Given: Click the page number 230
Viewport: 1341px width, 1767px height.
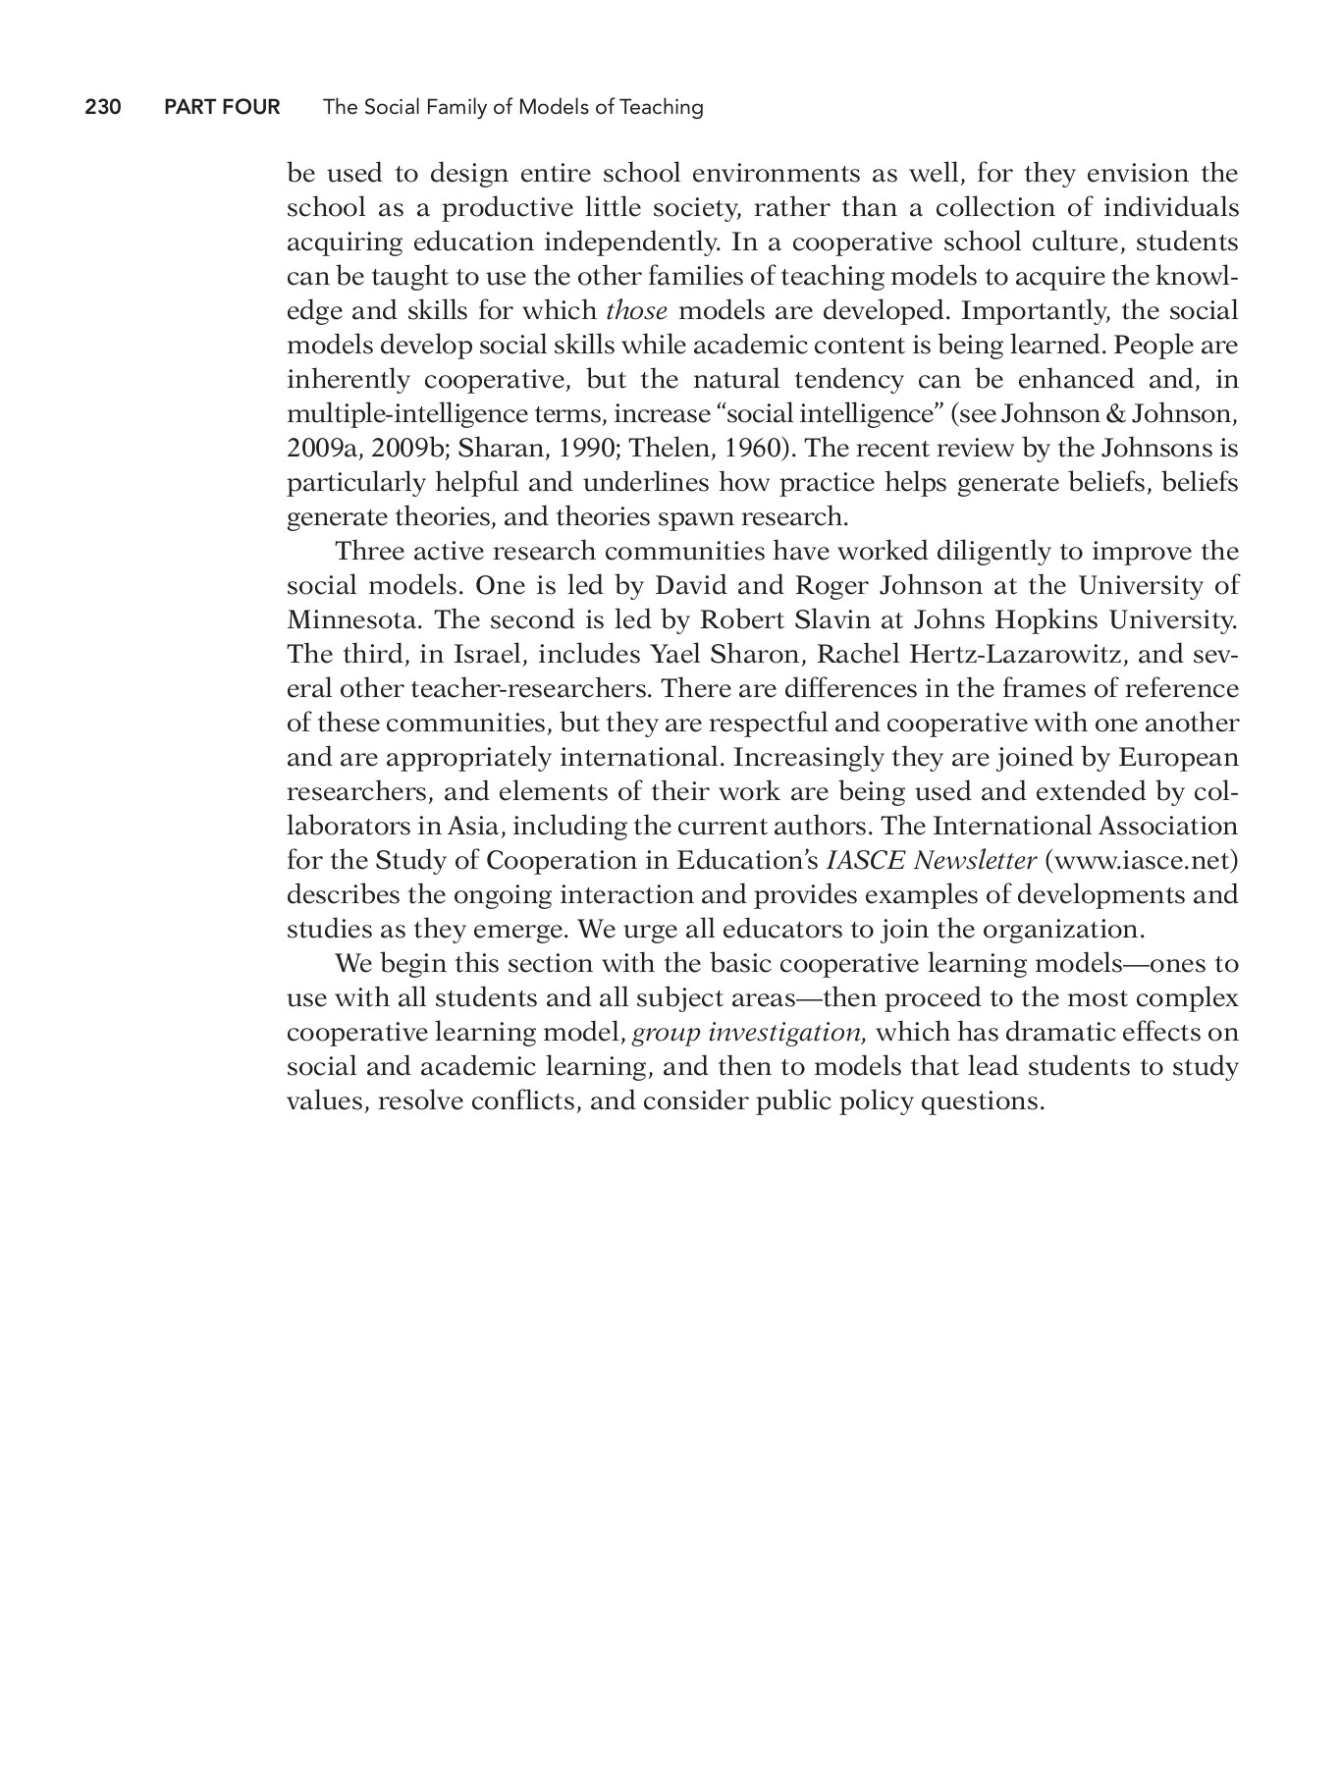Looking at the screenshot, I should [x=103, y=107].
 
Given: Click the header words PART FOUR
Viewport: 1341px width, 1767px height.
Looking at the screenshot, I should [x=222, y=107].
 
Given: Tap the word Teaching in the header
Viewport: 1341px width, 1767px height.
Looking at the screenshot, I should [x=663, y=107].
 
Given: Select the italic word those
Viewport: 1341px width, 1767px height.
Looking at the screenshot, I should [x=636, y=311].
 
